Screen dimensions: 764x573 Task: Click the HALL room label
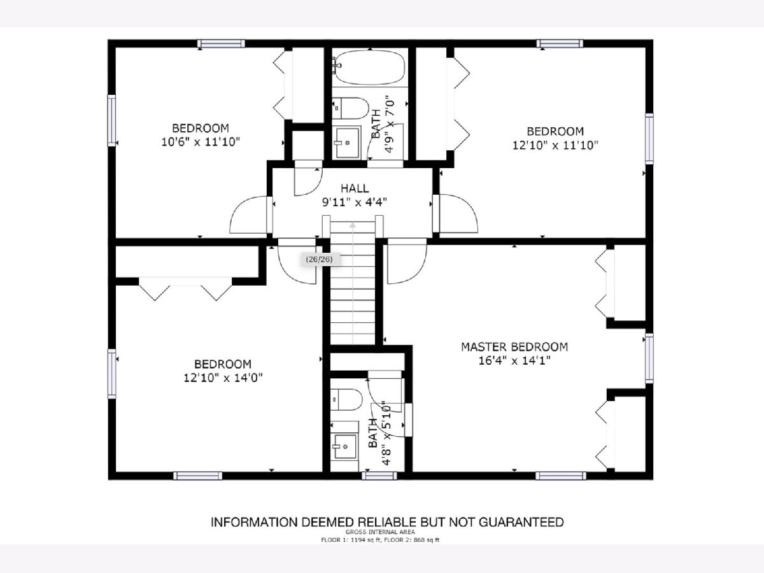point(355,188)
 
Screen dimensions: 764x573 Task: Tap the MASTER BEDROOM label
point(514,347)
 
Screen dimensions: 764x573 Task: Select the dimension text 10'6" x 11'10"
point(201,142)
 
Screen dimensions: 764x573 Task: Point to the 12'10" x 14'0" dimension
point(223,378)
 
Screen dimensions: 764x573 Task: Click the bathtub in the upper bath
point(370,67)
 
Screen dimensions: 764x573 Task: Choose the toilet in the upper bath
point(350,108)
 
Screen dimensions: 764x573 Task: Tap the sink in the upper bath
point(347,142)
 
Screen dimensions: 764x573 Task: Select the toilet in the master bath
point(346,399)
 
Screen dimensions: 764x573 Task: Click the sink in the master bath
point(344,446)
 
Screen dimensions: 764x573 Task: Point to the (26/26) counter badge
point(319,259)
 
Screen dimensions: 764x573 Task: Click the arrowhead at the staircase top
point(353,225)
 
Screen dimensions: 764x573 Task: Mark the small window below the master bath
point(379,476)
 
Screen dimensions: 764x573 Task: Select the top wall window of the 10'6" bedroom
point(221,43)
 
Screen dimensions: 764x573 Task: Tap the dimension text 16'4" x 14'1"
point(514,360)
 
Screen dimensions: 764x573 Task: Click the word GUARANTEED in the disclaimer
point(521,522)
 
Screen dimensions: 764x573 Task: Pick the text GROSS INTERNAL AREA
point(380,532)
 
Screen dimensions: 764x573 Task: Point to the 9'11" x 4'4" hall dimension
point(355,202)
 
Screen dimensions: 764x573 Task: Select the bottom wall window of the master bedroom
point(561,476)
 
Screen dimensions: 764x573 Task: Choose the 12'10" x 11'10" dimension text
point(555,145)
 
